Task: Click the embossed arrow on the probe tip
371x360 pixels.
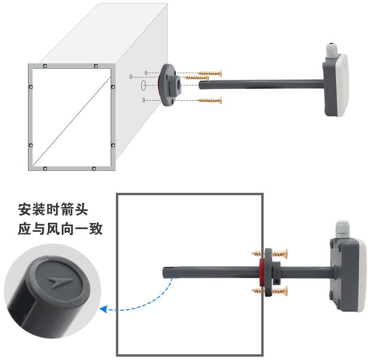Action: (59, 282)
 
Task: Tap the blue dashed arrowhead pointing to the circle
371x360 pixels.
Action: (104, 309)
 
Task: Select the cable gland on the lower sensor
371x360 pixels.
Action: (342, 229)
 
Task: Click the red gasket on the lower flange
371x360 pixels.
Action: (262, 273)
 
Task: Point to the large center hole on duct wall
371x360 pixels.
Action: (143, 85)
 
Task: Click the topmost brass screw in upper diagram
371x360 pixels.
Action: (210, 73)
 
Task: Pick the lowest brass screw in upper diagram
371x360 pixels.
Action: (210, 100)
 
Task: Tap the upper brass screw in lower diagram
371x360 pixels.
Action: (270, 254)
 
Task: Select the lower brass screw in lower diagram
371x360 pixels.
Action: (270, 291)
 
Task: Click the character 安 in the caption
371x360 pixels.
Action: (25, 209)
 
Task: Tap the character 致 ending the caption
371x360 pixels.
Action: (96, 228)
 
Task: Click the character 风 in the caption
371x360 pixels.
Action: (53, 228)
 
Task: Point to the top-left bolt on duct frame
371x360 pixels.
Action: (45, 66)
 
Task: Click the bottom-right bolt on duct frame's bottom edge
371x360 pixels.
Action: (94, 169)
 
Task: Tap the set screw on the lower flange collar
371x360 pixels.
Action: (277, 282)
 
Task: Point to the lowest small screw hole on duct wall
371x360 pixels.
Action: (143, 100)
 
